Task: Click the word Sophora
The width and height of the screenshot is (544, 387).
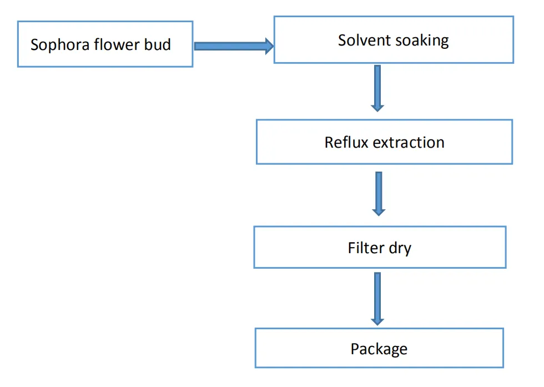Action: [57, 45]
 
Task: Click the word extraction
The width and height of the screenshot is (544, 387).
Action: [409, 143]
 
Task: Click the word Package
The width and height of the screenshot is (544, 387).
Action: [379, 349]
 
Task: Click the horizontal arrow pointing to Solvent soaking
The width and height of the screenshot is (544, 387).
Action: [233, 46]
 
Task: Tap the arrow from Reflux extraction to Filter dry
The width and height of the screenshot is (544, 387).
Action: [379, 193]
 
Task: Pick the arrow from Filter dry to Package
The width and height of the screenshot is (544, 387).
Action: [377, 298]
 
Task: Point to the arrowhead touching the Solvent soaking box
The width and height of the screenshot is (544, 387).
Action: [269, 46]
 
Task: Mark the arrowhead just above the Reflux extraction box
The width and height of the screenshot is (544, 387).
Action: [377, 106]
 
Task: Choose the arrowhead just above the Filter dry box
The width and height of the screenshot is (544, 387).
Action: [379, 210]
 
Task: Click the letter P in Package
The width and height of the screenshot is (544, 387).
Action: [355, 349]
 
